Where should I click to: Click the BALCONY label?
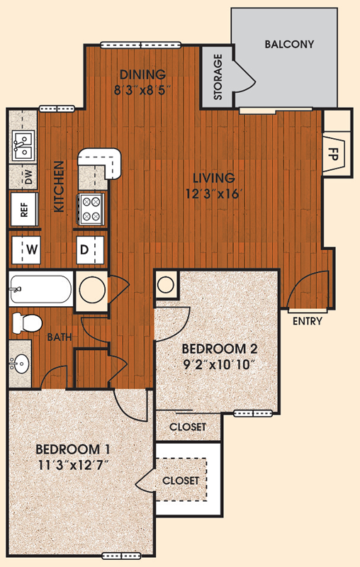[x=289, y=44]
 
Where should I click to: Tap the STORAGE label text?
[x=218, y=77]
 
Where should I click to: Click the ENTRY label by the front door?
[x=308, y=321]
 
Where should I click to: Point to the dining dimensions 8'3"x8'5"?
[x=142, y=90]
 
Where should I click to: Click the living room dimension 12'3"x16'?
[x=213, y=193]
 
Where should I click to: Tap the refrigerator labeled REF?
[x=24, y=210]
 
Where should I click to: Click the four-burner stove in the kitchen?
[x=91, y=208]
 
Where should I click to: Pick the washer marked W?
[x=26, y=250]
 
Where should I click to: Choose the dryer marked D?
[x=90, y=250]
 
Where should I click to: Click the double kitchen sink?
[x=23, y=146]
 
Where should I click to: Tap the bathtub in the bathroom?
[x=40, y=289]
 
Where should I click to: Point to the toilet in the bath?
[x=27, y=323]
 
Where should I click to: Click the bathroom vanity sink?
[x=20, y=364]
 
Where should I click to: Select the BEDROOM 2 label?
[x=220, y=349]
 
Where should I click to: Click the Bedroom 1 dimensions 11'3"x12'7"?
[x=74, y=465]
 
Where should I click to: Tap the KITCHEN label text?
[x=59, y=186]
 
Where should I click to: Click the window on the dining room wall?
[x=140, y=45]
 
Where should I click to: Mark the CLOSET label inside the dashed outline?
[x=181, y=481]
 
